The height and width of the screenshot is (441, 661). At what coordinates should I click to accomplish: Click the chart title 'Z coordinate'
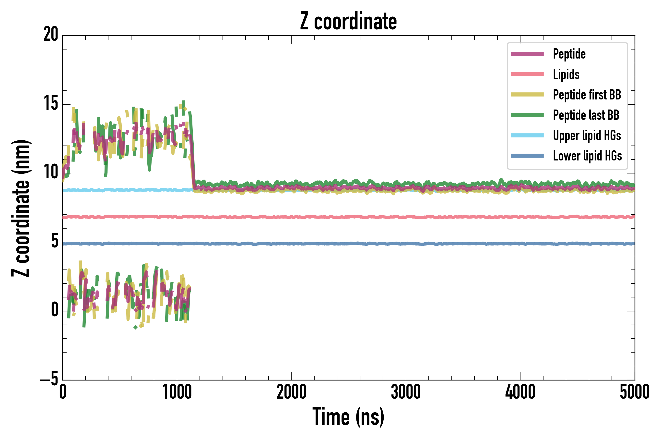click(348, 21)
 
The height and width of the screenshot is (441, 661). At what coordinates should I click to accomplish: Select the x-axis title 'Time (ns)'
click(348, 417)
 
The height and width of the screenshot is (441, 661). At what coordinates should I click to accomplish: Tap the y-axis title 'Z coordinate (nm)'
click(20, 208)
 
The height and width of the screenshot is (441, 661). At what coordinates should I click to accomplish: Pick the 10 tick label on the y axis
click(51, 172)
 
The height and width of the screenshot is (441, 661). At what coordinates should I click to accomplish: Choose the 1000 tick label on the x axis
click(177, 392)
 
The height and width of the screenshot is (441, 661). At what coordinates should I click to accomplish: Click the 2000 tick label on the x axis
click(291, 392)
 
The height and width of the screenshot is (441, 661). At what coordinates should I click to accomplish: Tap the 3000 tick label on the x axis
click(406, 392)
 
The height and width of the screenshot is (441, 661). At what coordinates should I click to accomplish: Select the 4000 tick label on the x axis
click(520, 392)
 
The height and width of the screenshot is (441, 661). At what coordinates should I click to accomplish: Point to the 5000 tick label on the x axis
click(635, 392)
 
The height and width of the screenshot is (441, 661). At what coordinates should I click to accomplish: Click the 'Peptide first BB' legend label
click(587, 95)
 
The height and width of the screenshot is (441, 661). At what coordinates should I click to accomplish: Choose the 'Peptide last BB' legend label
click(586, 115)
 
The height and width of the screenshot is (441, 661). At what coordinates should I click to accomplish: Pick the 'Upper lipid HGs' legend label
click(587, 135)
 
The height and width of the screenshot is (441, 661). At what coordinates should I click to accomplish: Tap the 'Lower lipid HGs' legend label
click(587, 156)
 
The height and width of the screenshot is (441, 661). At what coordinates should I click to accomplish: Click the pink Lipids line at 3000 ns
click(406, 217)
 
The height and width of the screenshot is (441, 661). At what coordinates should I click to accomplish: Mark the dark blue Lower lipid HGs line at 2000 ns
click(291, 244)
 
